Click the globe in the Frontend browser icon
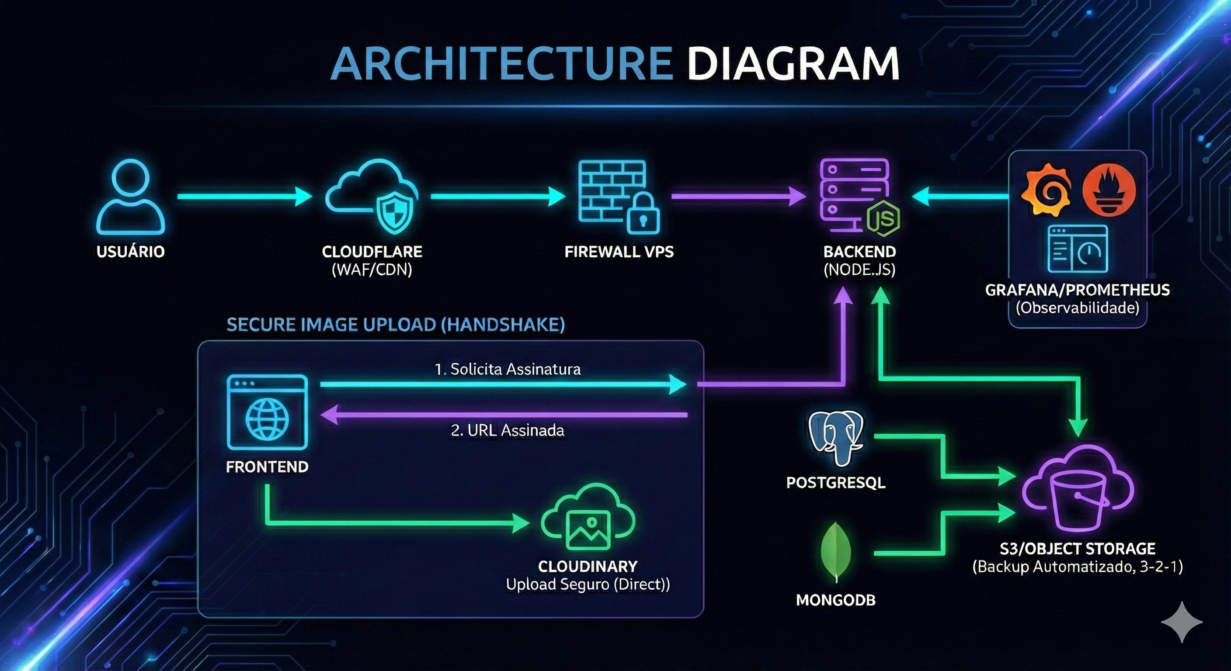click(267, 419)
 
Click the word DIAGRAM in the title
click(793, 63)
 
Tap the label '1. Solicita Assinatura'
click(508, 369)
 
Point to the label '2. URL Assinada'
click(508, 431)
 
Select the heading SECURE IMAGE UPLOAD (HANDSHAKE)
click(396, 325)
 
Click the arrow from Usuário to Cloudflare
click(244, 196)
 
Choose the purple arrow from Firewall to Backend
click(738, 196)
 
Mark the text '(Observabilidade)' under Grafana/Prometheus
click(1078, 308)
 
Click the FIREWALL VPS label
click(619, 252)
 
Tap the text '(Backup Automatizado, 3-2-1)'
click(1078, 567)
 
